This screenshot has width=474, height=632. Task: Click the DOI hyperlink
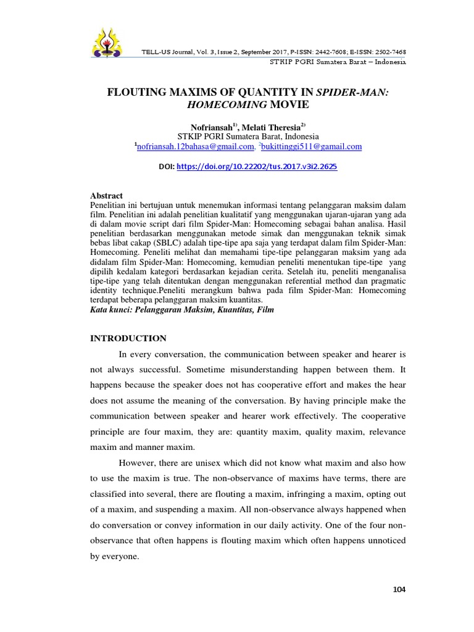tap(257, 167)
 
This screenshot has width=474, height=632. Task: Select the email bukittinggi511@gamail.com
tap(312, 146)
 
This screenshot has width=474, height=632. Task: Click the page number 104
tap(399, 589)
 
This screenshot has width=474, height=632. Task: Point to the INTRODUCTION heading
tap(128, 338)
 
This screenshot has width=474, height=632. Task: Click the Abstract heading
tap(107, 196)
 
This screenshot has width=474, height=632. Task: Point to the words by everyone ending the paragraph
tap(115, 555)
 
